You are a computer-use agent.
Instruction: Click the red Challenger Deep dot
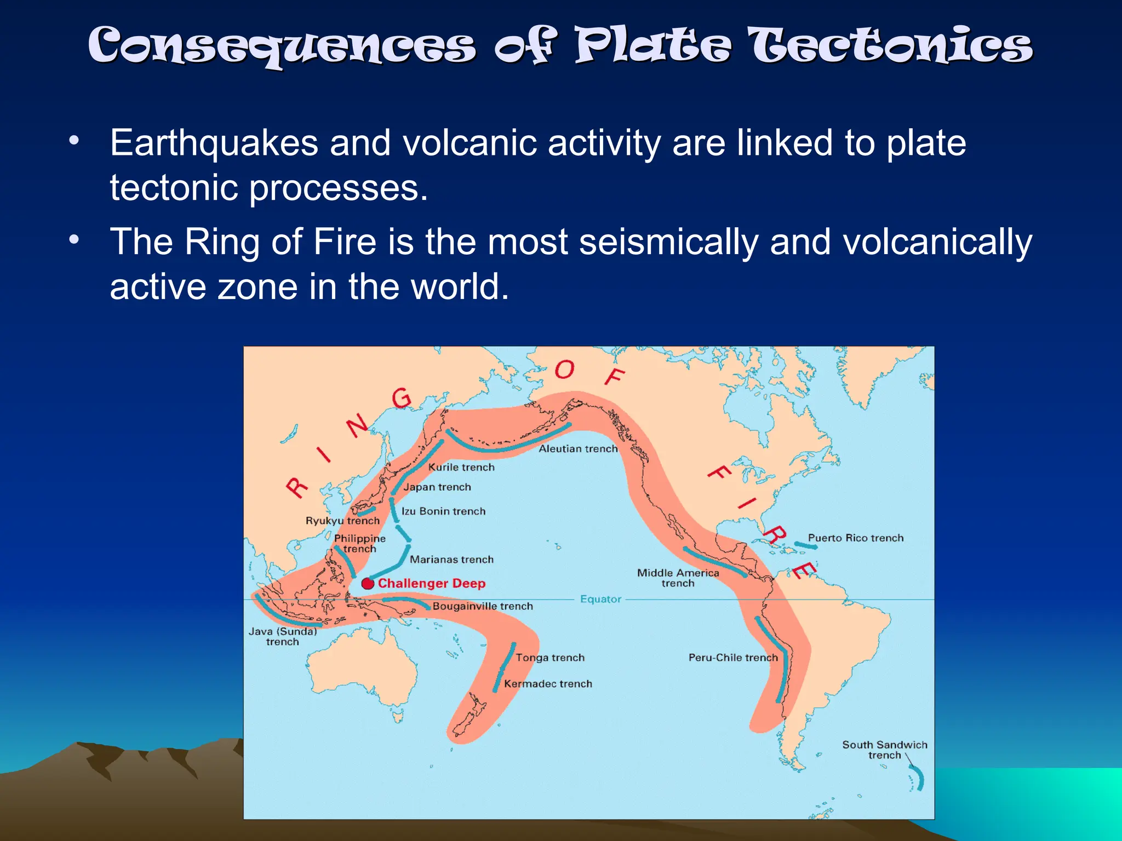click(x=368, y=583)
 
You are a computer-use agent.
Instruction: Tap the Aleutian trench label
click(x=578, y=449)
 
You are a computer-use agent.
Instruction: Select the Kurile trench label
click(x=461, y=467)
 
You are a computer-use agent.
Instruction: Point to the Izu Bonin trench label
click(x=443, y=511)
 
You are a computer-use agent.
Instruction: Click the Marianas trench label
click(x=451, y=560)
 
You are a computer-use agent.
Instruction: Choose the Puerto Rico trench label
click(x=855, y=538)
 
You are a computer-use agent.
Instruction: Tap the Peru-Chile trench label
click(x=732, y=658)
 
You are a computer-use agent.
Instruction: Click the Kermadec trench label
click(x=548, y=684)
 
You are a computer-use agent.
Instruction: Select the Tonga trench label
click(x=550, y=658)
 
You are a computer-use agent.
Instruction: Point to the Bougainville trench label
click(x=482, y=606)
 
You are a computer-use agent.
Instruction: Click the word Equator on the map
click(x=600, y=599)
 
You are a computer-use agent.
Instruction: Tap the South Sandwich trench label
click(x=884, y=750)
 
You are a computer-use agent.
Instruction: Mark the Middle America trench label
click(x=678, y=578)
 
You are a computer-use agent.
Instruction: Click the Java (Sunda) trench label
click(x=283, y=636)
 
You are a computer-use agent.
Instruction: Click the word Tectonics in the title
click(x=891, y=46)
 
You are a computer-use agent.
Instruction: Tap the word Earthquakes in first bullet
click(x=214, y=143)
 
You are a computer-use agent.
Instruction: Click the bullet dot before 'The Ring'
click(x=74, y=239)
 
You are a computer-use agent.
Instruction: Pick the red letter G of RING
click(x=402, y=398)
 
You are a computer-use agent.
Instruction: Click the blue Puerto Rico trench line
click(x=805, y=545)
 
